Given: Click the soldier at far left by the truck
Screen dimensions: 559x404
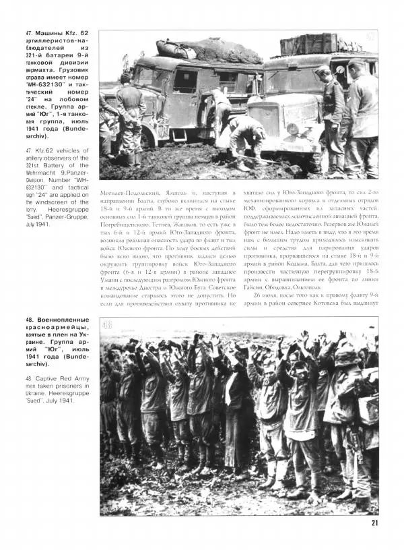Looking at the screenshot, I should (127, 111).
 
